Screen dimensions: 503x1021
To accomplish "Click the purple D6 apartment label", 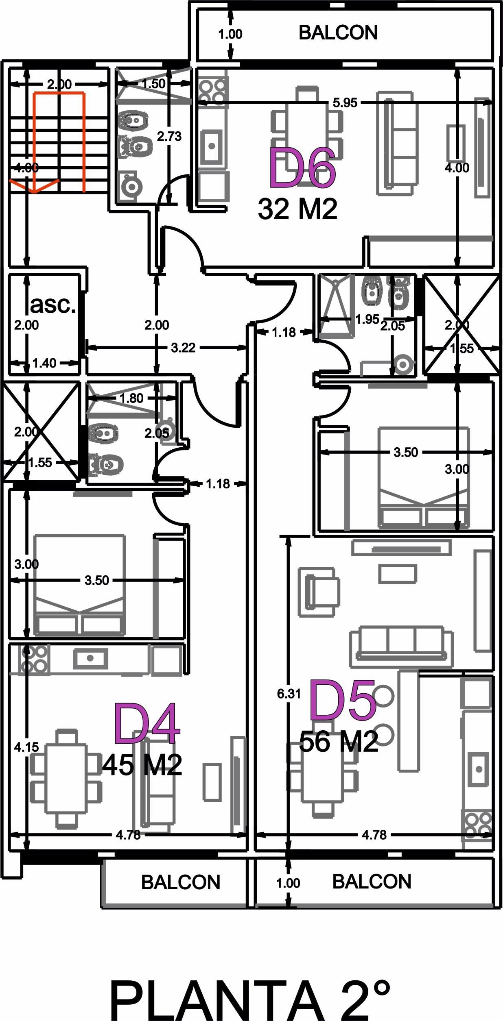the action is click(x=302, y=168).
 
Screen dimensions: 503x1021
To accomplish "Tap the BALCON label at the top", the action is click(x=338, y=33).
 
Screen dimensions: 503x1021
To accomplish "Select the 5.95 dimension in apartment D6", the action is click(x=345, y=103).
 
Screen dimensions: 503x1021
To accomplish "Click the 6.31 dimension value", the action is click(x=289, y=693).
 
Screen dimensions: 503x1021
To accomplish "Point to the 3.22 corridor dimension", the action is click(x=183, y=348).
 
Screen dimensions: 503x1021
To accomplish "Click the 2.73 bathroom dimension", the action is click(x=169, y=136).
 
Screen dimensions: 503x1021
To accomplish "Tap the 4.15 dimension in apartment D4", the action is click(x=26, y=747).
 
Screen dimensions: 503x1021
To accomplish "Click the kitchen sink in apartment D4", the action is click(x=90, y=658).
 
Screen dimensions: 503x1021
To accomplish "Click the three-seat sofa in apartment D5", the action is click(x=401, y=647).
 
